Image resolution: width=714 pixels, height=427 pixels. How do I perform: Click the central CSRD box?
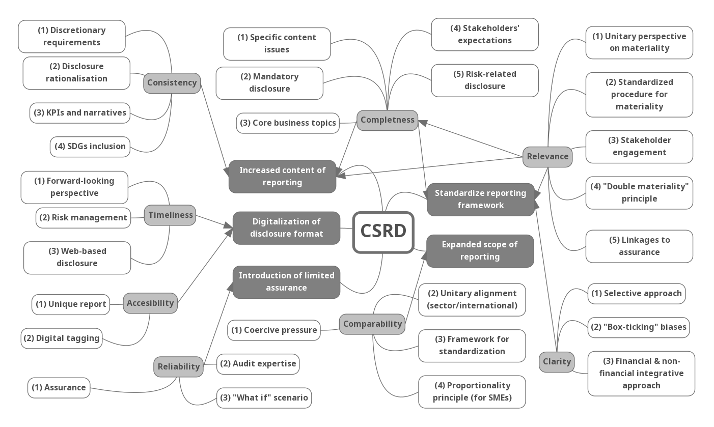point(383,232)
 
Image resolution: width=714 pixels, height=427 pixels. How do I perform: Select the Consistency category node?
point(172,83)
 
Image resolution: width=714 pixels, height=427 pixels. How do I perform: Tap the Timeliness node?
point(170,215)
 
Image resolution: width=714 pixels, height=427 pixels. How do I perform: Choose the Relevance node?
point(547,157)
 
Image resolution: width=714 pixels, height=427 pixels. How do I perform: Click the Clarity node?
point(557,362)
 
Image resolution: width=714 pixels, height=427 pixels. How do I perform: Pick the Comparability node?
point(372,324)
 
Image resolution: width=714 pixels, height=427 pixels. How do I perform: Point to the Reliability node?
point(178,366)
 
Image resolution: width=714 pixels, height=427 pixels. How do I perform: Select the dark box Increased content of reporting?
point(282,177)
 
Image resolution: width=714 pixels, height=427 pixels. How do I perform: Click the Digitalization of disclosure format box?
point(286,228)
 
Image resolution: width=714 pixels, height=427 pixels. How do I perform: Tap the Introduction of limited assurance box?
point(286,282)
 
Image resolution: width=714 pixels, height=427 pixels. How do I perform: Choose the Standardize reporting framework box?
point(480,200)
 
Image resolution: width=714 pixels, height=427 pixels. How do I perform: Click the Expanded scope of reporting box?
point(480,251)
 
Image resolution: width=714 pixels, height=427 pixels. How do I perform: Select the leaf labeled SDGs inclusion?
point(90,147)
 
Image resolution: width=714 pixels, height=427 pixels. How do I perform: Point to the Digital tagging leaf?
point(62,338)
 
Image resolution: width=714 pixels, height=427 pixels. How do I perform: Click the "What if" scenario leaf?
point(264,398)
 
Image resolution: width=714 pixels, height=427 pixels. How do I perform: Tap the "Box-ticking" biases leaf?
point(638,327)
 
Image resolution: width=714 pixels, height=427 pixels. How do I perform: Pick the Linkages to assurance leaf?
point(639,246)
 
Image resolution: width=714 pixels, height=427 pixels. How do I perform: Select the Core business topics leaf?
point(288,123)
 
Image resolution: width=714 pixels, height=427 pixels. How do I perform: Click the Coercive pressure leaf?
point(274,330)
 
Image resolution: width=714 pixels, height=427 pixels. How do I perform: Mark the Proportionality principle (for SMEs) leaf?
point(472,392)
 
